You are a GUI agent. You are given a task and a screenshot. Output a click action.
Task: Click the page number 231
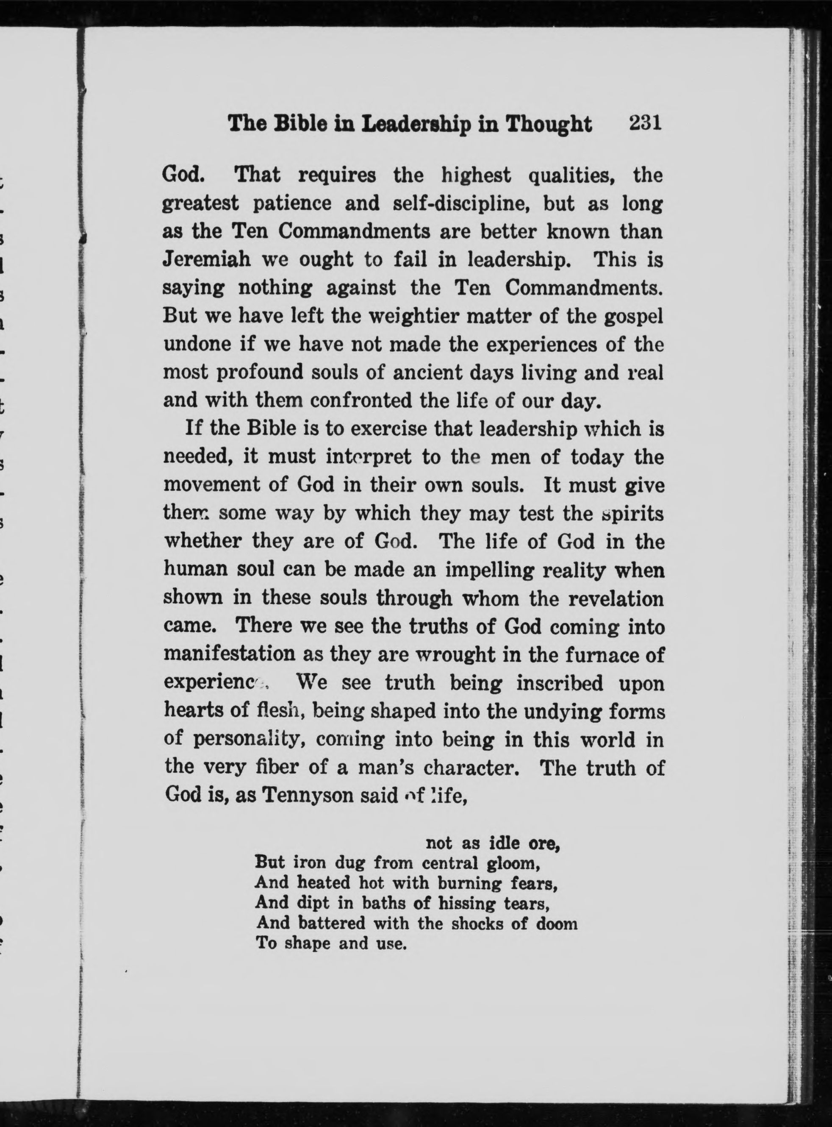pyautogui.click(x=644, y=123)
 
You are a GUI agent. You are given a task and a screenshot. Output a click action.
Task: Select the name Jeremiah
pyautogui.click(x=206, y=260)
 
